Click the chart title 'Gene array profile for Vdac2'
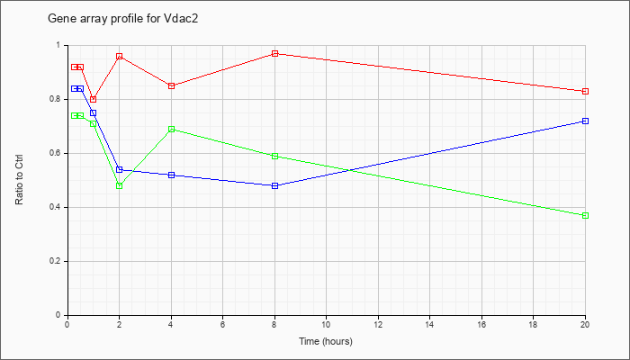(x=123, y=19)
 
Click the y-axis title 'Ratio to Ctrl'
(x=19, y=180)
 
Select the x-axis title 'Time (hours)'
(x=326, y=341)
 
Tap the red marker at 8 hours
(x=274, y=53)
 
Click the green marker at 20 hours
(x=585, y=215)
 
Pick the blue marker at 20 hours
(x=585, y=121)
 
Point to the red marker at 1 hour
(x=94, y=99)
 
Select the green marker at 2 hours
(x=120, y=185)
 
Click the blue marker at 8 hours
(x=274, y=185)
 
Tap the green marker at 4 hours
(x=172, y=129)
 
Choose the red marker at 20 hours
(x=585, y=91)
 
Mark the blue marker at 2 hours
(x=120, y=169)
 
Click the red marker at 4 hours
(x=172, y=85)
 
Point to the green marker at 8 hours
(x=274, y=156)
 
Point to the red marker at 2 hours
(x=120, y=56)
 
